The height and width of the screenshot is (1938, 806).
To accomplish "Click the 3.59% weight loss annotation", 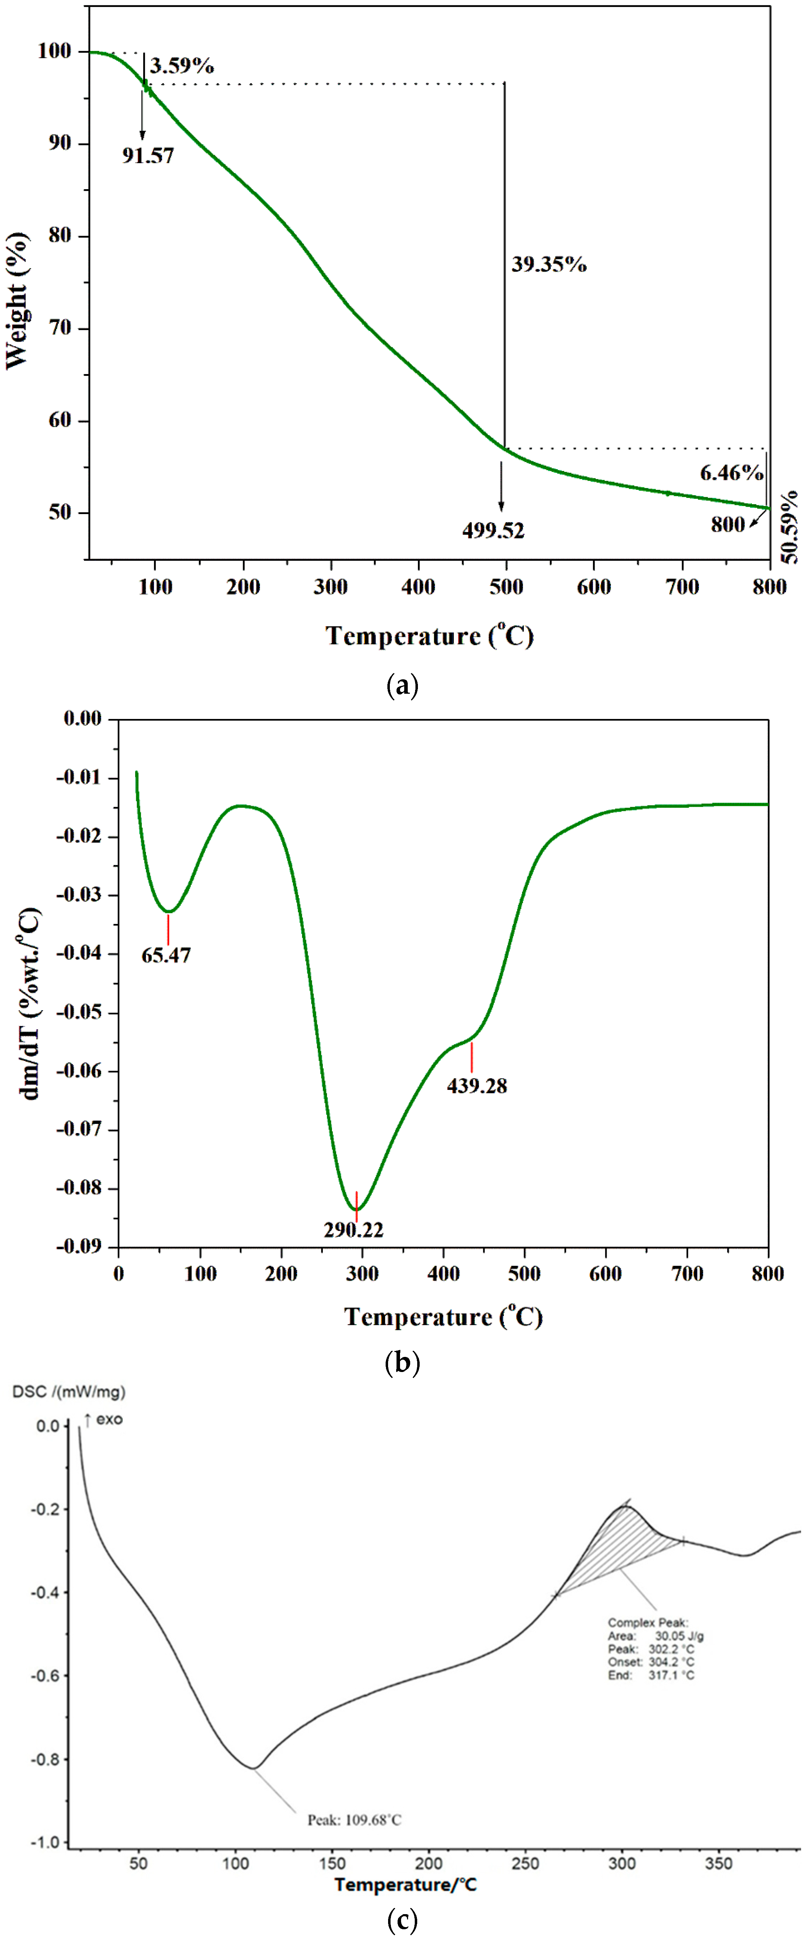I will pos(181,66).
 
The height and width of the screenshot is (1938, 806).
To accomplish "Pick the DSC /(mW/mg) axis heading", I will pos(68,1392).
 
